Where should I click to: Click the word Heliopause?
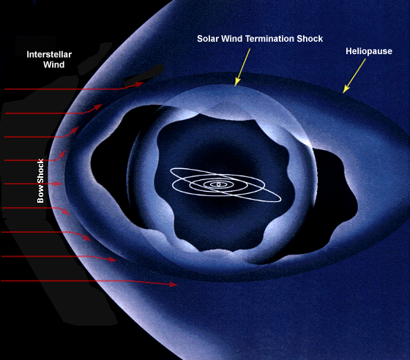coord(369,51)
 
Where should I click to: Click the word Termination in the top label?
coord(269,39)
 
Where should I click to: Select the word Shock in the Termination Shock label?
coord(310,39)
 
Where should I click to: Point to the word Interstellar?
coord(49,54)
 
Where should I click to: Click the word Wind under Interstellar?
coord(54,64)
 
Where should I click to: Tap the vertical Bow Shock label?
coord(40,181)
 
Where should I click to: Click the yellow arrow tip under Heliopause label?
coord(344,92)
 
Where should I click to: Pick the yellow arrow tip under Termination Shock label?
coord(235,85)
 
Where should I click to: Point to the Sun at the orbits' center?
coord(219,184)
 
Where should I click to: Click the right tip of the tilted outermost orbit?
coord(281,200)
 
